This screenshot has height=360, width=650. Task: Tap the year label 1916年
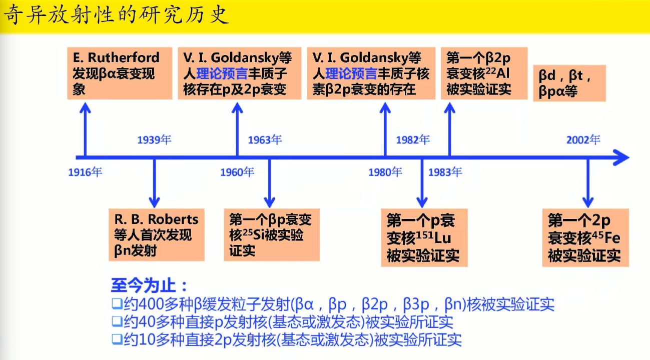click(x=85, y=172)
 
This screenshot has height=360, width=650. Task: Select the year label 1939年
click(x=154, y=139)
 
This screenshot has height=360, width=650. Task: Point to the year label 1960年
click(x=237, y=172)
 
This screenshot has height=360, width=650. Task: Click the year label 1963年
click(x=265, y=139)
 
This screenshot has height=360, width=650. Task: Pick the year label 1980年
click(x=385, y=172)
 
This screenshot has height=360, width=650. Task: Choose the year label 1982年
click(x=413, y=139)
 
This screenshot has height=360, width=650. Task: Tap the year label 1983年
click(x=445, y=172)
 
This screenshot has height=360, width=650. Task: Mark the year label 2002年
click(x=583, y=139)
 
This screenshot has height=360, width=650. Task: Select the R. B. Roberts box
click(x=157, y=234)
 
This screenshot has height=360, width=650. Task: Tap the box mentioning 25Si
click(x=271, y=234)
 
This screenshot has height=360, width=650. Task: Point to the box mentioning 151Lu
click(x=424, y=237)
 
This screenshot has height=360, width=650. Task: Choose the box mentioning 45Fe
click(x=585, y=237)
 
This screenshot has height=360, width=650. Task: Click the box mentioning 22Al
click(x=483, y=73)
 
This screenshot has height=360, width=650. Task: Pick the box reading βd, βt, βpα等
click(x=569, y=83)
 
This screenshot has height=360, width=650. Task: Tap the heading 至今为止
click(x=149, y=286)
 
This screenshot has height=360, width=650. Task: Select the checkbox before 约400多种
click(x=117, y=303)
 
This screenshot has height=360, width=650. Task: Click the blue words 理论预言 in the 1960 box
click(x=222, y=74)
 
